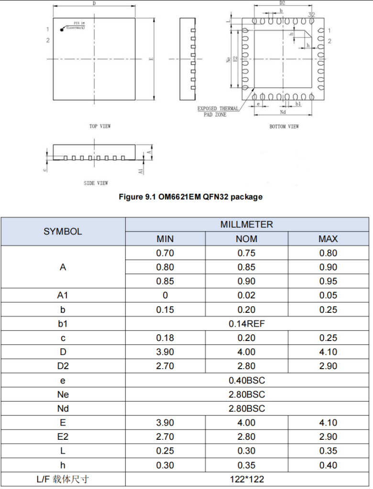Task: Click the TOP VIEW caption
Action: coord(100,126)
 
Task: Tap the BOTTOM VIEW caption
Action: coord(284,126)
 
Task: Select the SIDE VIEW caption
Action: coord(96,183)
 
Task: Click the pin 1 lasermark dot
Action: coord(62,30)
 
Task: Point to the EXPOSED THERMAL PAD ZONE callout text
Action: coord(218,112)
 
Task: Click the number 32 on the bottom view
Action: coord(311,15)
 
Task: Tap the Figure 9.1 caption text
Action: coord(190,197)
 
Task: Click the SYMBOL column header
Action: coord(63,232)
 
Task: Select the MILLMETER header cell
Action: coord(247,224)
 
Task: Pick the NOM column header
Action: coord(247,239)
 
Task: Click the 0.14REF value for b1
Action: coord(247,324)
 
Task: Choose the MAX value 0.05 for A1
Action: coord(328,296)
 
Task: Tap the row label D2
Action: coord(63,366)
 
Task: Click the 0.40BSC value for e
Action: coord(247,380)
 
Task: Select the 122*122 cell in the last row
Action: coord(247,479)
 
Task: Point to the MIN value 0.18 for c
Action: coord(165,338)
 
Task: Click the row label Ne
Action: coord(63,394)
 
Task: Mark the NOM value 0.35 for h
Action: coord(247,465)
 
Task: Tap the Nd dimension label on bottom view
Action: coord(283,112)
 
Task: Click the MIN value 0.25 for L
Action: coord(165,451)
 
